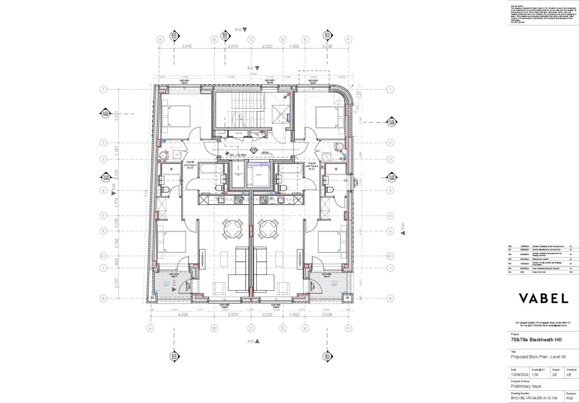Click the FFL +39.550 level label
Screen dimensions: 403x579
(x=238, y=155)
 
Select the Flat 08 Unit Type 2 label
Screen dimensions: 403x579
(x=190, y=165)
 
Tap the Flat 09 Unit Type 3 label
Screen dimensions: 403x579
(x=312, y=166)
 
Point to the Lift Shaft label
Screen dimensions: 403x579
(x=258, y=175)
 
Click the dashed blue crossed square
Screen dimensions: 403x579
(x=281, y=114)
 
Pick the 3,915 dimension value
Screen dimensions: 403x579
(x=187, y=46)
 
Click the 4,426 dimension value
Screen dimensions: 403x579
(x=183, y=315)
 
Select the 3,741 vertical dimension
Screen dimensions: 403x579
(x=117, y=116)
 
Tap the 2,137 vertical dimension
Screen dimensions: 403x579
(x=117, y=283)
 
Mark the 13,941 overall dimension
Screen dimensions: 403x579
(x=254, y=74)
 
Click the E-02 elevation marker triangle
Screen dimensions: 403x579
(x=245, y=30)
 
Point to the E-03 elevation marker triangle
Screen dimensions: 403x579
(x=257, y=341)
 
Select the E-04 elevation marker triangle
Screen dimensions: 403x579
(x=403, y=233)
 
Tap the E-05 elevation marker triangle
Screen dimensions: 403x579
(x=114, y=193)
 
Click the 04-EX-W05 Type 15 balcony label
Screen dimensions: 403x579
(x=327, y=275)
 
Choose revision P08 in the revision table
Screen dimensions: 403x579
(x=510, y=246)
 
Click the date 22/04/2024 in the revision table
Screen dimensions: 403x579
(x=524, y=259)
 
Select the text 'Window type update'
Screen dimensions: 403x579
(x=540, y=259)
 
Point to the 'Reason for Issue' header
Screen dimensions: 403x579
(x=539, y=272)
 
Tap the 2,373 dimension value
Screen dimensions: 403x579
(x=174, y=310)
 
